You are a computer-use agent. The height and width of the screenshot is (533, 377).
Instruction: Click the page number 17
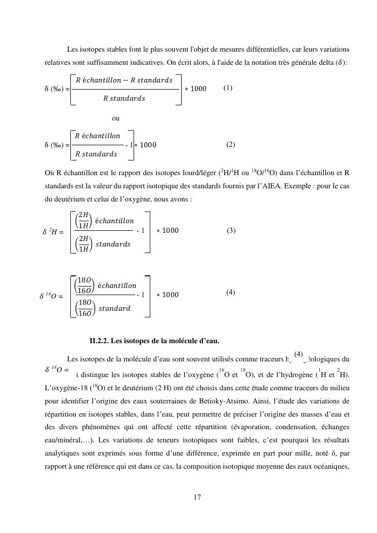pos(197,497)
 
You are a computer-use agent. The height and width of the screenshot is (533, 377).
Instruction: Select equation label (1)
pos(228,88)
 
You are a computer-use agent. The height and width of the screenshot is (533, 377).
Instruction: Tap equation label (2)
pos(231,145)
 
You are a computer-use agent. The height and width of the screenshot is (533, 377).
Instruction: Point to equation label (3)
pos(231,231)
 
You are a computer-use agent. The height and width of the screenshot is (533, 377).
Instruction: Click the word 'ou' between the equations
pos(116,118)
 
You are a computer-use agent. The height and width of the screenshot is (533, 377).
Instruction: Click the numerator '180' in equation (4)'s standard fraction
pos(84,303)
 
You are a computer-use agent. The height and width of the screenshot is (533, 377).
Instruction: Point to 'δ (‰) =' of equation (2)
pos(57,145)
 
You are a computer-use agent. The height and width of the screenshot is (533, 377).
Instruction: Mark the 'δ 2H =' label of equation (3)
pos(53,232)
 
